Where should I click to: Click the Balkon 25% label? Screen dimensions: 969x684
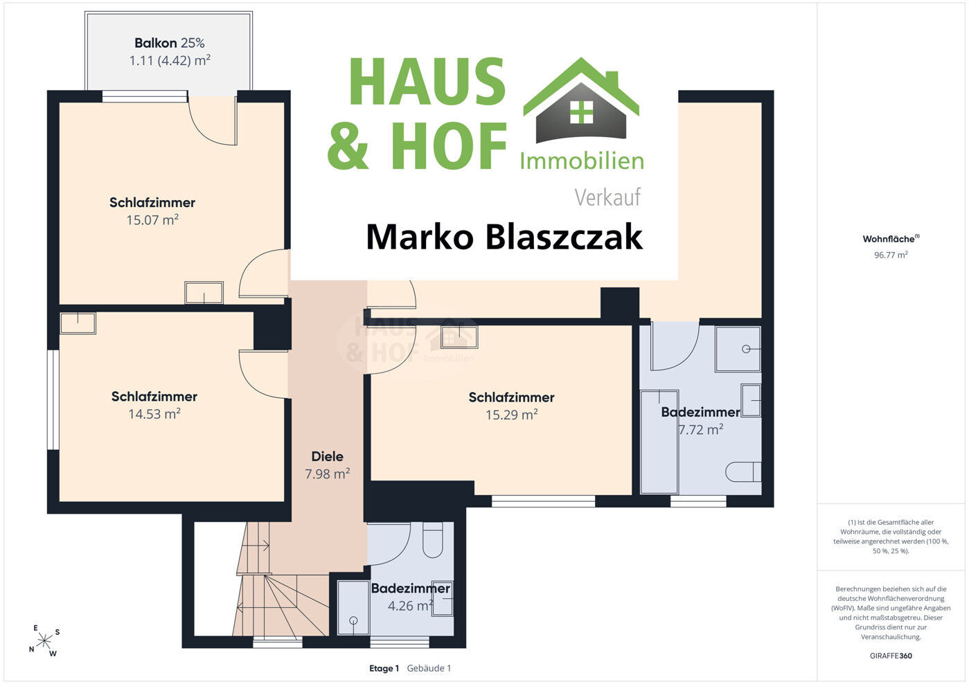(x=169, y=43)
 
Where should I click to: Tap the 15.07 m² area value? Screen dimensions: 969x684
(x=152, y=219)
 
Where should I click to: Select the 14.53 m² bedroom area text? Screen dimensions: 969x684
(x=154, y=414)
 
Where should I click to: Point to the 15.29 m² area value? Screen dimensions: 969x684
(x=511, y=415)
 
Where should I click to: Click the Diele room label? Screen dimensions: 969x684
(x=328, y=456)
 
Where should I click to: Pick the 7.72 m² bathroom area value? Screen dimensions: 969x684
(x=701, y=429)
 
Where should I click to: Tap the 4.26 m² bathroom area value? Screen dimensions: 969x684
(x=410, y=605)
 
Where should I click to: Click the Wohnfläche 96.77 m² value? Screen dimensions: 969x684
(x=891, y=255)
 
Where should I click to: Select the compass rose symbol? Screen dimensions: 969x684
(x=44, y=640)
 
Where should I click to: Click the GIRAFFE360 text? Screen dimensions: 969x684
(x=891, y=656)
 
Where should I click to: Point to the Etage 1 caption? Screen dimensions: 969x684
(x=384, y=668)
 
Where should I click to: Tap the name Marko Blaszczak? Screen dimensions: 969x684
(x=504, y=237)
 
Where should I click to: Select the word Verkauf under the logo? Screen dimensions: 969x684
(x=607, y=197)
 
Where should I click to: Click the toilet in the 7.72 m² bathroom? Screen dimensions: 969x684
(x=743, y=471)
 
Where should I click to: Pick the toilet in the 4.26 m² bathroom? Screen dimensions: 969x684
(x=433, y=539)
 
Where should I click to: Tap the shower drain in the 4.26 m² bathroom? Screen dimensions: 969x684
(x=353, y=620)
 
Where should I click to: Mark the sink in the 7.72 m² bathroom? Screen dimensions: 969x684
(x=752, y=400)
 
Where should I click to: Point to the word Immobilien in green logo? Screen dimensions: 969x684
(x=582, y=161)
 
